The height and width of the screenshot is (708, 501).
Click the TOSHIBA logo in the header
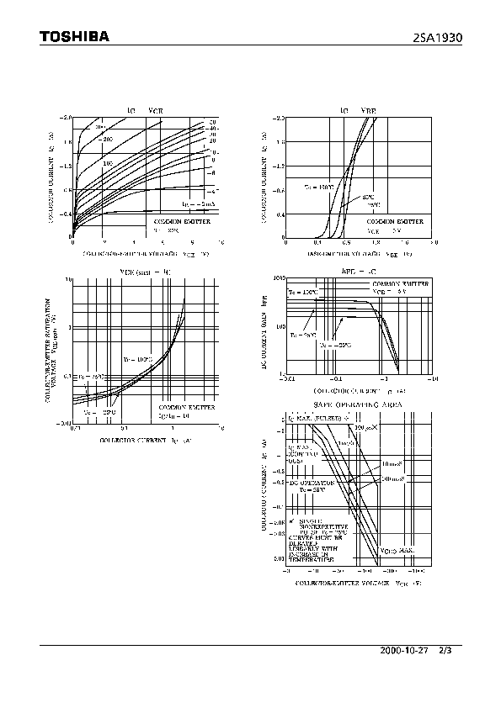point(75,36)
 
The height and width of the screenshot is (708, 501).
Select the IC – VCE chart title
point(145,110)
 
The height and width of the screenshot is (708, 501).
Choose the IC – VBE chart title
point(359,110)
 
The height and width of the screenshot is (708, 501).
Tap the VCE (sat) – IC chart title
point(145,272)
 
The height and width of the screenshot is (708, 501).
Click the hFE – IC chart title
point(359,272)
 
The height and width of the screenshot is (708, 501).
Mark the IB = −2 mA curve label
point(199,203)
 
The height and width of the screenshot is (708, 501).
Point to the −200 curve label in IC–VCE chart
point(107,139)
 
